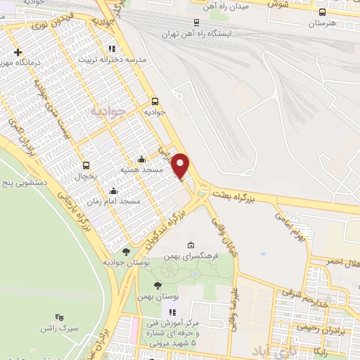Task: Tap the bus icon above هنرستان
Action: [322, 12]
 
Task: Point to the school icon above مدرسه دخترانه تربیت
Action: [111, 49]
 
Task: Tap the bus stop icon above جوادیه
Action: [155, 100]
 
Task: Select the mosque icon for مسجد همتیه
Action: [142, 159]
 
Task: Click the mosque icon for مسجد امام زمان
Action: [114, 190]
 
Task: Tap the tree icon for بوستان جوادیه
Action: [126, 251]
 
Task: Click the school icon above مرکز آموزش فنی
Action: [171, 312]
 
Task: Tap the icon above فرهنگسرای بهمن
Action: [190, 245]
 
